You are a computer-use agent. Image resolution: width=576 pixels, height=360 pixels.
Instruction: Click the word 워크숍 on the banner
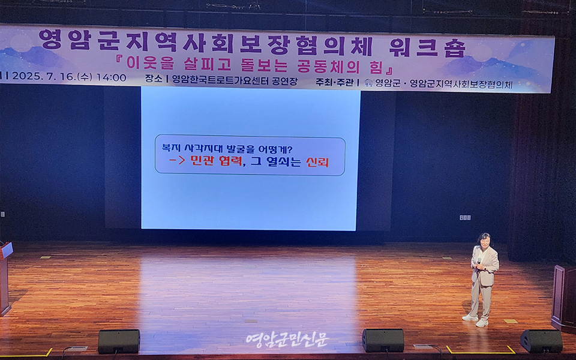[427, 48]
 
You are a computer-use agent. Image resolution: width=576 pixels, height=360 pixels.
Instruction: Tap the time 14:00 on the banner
[112, 77]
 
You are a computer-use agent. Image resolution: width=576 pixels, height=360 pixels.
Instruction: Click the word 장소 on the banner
[154, 79]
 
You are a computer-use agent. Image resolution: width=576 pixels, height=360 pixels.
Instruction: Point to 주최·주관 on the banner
[334, 82]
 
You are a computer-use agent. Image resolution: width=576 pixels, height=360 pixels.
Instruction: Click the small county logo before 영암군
[369, 83]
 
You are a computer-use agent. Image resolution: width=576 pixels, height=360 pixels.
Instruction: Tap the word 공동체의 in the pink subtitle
[330, 65]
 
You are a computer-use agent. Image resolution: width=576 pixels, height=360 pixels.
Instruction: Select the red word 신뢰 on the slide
[317, 162]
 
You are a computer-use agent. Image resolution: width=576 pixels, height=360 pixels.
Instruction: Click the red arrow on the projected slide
[177, 160]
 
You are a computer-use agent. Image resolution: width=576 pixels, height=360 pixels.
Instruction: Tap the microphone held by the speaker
[479, 262]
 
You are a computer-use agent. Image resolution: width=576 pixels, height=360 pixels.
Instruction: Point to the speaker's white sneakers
[476, 320]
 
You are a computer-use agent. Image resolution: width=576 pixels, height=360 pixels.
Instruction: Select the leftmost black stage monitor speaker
[119, 341]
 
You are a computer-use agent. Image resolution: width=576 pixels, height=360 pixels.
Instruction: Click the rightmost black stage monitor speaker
[541, 341]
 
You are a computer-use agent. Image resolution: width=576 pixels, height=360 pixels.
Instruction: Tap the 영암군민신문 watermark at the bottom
[287, 340]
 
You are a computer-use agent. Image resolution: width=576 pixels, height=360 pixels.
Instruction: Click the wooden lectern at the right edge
[563, 298]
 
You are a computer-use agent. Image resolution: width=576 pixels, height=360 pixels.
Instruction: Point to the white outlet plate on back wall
[465, 218]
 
